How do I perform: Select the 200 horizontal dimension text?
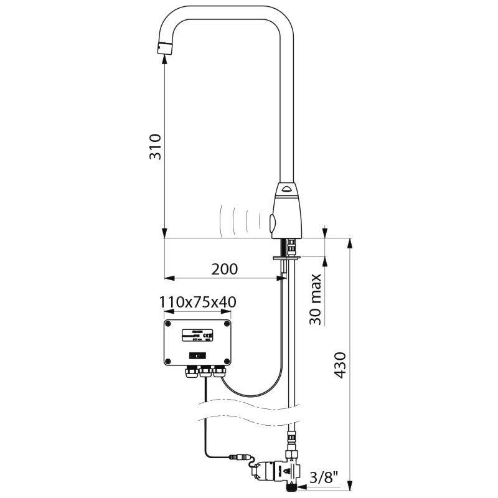pos(224,269)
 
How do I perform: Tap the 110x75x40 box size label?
pos(197,303)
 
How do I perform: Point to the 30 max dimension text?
pos(316,299)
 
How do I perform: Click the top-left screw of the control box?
pos(168,323)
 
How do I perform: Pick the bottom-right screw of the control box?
pos(227,361)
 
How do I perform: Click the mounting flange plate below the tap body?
pos(287,255)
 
